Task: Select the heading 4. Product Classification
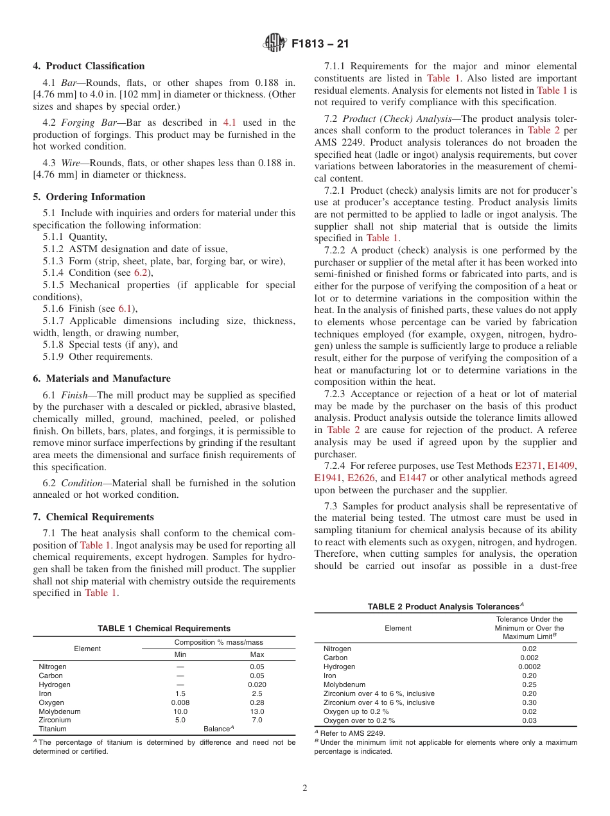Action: click(89, 66)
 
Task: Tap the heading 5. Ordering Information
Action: click(89, 197)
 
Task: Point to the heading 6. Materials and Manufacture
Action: click(102, 378)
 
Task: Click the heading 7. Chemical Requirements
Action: click(93, 517)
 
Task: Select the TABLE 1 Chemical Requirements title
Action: click(164, 629)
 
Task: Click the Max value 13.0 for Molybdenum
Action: click(257, 711)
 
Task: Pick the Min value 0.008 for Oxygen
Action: click(180, 702)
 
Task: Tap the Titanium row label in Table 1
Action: click(53, 729)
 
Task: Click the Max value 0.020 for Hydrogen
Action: click(257, 684)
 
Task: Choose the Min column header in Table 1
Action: click(180, 654)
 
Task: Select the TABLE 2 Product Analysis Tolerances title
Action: click(446, 606)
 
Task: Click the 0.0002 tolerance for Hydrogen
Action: click(529, 667)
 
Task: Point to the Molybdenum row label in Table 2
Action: click(344, 684)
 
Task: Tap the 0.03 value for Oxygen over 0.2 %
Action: click(529, 720)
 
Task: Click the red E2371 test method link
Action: click(530, 466)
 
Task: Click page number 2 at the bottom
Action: click(305, 788)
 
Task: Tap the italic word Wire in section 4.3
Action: click(71, 163)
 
